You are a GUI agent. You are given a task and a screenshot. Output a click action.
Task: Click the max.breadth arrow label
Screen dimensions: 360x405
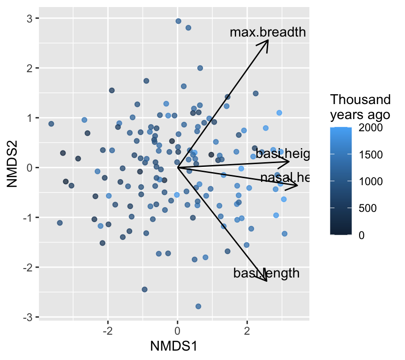[268, 32]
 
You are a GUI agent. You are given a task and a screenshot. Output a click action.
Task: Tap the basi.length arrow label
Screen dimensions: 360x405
[266, 273]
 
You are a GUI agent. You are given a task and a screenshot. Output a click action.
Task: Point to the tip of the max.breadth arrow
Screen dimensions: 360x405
[268, 40]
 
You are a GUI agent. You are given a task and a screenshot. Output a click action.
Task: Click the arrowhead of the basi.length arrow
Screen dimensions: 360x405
[267, 281]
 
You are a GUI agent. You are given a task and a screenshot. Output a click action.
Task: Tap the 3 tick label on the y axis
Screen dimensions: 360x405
[29, 18]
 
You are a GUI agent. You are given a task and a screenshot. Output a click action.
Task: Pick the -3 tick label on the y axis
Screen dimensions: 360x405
[27, 317]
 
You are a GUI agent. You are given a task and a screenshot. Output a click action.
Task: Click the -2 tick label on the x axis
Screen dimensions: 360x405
[107, 331]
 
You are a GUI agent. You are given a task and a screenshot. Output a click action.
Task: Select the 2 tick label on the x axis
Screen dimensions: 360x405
[247, 331]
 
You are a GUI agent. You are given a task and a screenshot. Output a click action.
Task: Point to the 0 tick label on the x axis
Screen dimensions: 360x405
[178, 331]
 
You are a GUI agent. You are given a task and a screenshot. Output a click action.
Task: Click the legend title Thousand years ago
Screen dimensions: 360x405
[360, 107]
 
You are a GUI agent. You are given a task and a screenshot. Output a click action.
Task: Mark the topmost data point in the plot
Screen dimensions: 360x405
[178, 21]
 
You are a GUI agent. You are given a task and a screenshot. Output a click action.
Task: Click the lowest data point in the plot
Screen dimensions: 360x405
[198, 306]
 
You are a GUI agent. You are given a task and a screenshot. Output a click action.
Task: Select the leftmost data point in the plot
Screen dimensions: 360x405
[51, 124]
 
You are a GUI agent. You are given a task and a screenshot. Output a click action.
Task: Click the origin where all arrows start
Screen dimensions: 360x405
[178, 167]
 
